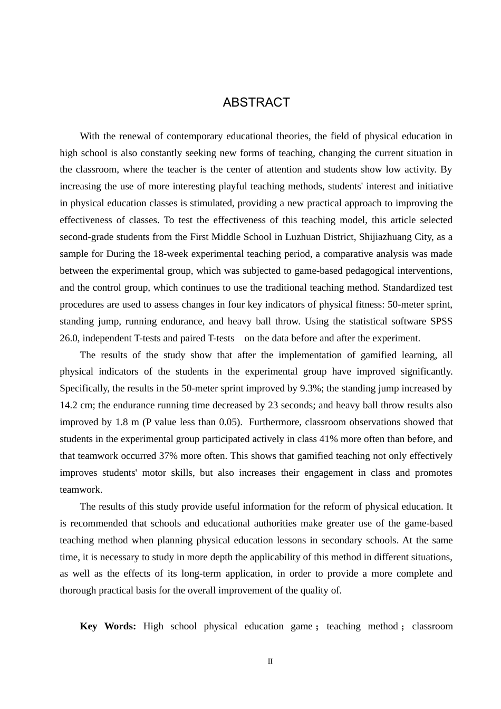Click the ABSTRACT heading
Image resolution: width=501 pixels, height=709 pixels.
click(x=256, y=102)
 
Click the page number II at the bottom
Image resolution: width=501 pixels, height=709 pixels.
click(x=270, y=661)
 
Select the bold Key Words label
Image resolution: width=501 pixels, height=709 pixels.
click(x=108, y=626)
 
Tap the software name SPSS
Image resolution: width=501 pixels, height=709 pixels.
click(x=441, y=321)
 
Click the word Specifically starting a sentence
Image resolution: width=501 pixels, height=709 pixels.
click(x=83, y=388)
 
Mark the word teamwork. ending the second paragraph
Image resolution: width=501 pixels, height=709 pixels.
click(x=81, y=490)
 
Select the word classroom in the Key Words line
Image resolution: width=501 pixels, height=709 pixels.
click(x=432, y=626)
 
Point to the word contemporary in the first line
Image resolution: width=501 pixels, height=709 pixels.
click(x=195, y=136)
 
